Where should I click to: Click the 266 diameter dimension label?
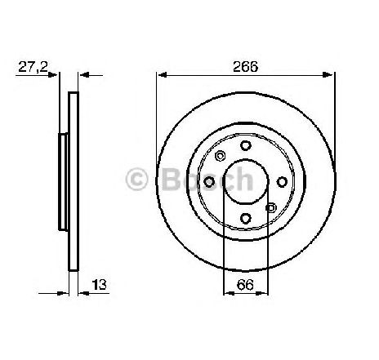(x=245, y=67)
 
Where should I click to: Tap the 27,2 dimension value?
(x=33, y=67)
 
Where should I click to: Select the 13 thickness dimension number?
(x=99, y=285)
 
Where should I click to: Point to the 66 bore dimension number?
(x=245, y=285)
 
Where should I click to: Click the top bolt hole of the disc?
(x=246, y=145)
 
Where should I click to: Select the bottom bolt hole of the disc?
(x=246, y=218)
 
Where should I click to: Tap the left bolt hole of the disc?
(x=209, y=182)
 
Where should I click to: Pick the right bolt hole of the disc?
(x=282, y=182)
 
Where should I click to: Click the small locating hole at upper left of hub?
(x=220, y=156)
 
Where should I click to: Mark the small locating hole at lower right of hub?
(x=271, y=208)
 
